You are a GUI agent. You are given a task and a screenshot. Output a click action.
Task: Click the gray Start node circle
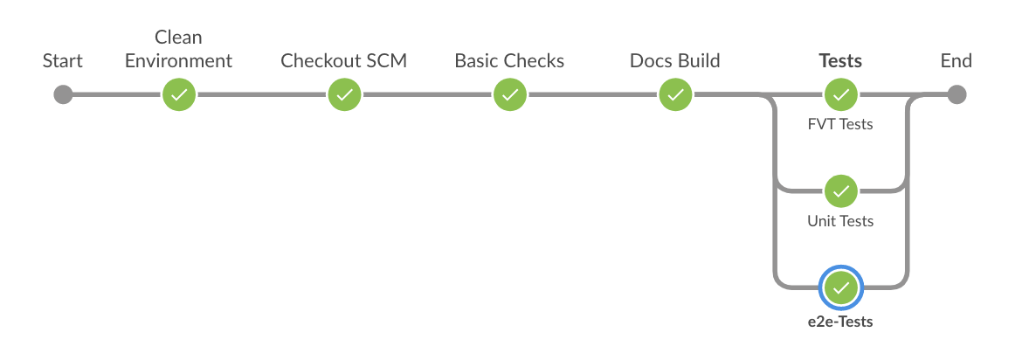coord(63,94)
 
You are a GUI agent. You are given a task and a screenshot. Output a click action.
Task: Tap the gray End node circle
coord(956,94)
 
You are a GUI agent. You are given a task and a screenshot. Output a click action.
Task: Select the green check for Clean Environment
coord(179,94)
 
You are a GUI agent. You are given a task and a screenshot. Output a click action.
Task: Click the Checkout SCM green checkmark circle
coord(344,94)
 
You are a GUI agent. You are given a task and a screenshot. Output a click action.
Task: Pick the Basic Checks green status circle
coord(509,94)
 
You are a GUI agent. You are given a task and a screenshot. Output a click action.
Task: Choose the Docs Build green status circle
coord(675,94)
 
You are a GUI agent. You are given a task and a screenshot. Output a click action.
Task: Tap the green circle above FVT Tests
coord(840,94)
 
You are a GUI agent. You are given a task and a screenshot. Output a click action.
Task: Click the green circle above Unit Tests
coord(840,190)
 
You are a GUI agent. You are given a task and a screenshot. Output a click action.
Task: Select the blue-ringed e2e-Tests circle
coord(840,287)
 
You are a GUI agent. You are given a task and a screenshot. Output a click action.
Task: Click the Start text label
coord(63,61)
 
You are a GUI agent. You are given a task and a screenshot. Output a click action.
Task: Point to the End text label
coord(956,61)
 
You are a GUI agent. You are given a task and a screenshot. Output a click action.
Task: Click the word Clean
coord(178,37)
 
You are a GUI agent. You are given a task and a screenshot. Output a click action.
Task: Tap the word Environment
coord(178,61)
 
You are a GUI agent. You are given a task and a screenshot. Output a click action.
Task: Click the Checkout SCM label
coord(343,61)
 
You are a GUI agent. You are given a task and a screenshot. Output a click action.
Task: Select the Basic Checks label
coord(509,61)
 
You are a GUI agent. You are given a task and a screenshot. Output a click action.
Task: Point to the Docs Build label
coord(674,61)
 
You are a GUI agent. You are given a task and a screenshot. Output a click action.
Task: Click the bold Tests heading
coord(840,61)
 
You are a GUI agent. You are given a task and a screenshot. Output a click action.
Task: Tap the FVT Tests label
coord(840,124)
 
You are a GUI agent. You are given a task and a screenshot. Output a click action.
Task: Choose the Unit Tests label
coord(840,221)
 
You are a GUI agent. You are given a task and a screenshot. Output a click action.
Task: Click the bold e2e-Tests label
coord(840,322)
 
